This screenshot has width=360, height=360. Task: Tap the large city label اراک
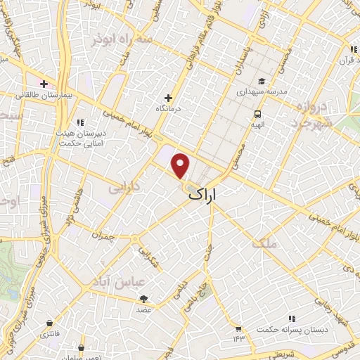tap(213, 196)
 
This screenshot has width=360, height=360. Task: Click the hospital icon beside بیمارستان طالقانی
tap(44, 83)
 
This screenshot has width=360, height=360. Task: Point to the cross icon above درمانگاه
tap(168, 98)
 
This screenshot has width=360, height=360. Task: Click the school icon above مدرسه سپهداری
tap(261, 82)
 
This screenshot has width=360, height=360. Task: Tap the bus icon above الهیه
tap(258, 113)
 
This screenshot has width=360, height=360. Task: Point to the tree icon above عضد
tap(144, 299)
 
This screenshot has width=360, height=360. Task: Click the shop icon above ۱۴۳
tap(238, 328)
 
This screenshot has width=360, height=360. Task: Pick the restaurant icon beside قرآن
tap(352, 49)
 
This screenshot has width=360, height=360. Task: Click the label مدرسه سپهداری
tap(261, 92)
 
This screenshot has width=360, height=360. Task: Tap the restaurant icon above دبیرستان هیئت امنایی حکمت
tap(82, 121)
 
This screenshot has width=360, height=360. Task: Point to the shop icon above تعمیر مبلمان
tap(82, 347)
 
